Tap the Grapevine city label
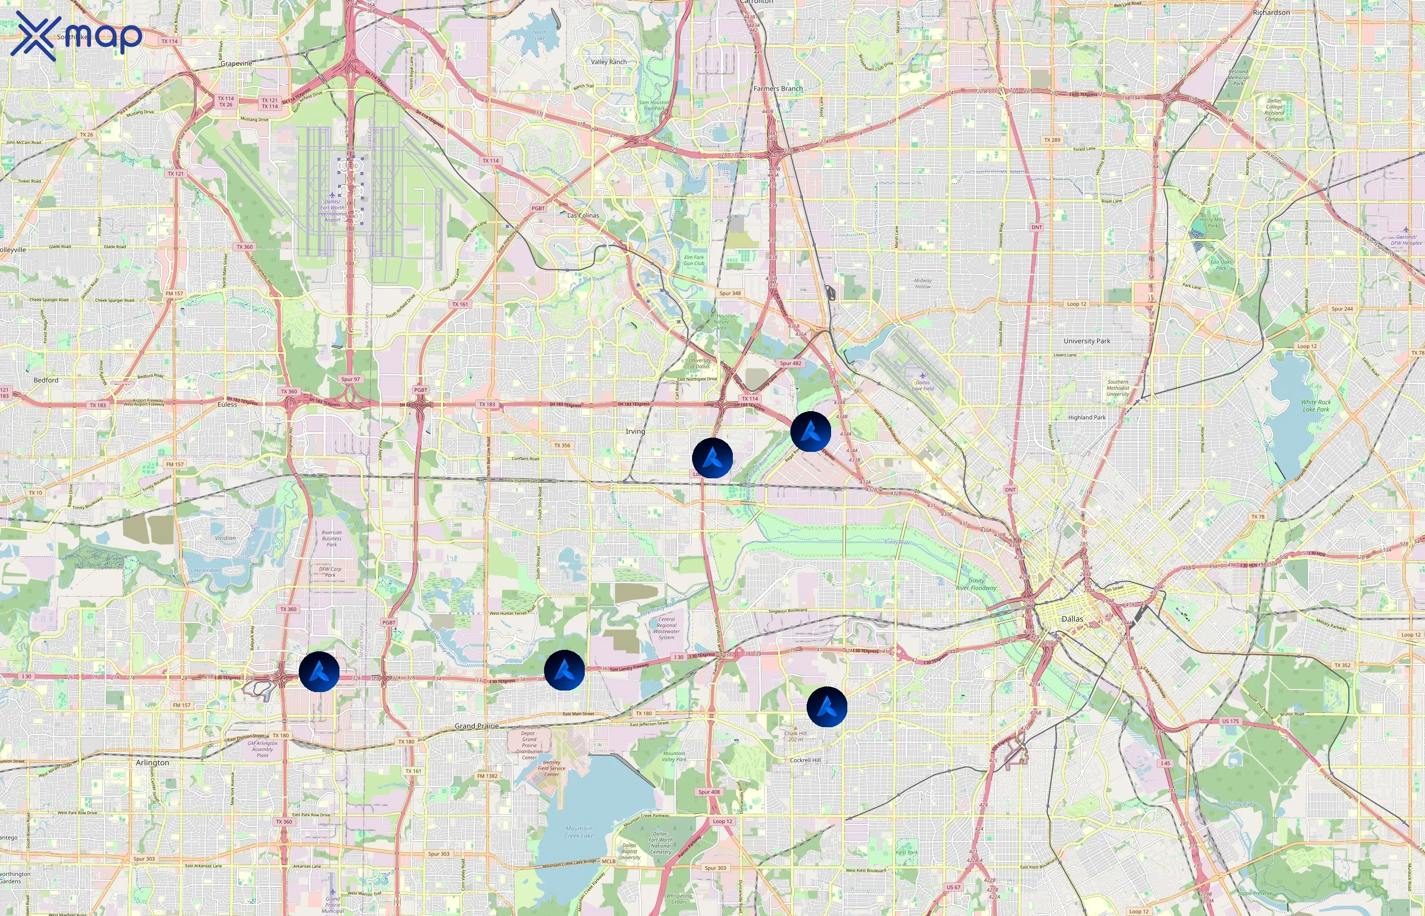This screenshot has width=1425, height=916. click(236, 64)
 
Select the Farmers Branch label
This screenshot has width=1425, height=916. click(778, 89)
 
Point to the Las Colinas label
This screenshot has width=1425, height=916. click(583, 215)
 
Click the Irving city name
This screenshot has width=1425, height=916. click(635, 431)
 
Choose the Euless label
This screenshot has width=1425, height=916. click(227, 405)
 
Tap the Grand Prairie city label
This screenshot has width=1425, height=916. click(476, 726)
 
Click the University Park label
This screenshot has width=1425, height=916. click(1087, 341)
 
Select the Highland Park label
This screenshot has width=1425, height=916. click(1087, 418)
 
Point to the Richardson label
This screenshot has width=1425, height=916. click(1271, 13)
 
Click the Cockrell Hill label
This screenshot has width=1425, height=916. click(805, 760)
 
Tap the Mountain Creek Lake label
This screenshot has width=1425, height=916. click(579, 832)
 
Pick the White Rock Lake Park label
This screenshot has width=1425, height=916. click(1316, 406)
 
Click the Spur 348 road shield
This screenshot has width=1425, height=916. click(730, 293)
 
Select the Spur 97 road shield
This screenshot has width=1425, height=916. click(350, 379)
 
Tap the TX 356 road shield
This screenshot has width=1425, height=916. click(562, 445)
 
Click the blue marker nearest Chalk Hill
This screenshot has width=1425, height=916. click(826, 707)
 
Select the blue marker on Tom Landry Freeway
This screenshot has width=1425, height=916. click(564, 670)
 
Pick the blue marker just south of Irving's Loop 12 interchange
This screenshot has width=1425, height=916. click(712, 458)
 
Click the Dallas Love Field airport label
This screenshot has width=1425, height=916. click(923, 385)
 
